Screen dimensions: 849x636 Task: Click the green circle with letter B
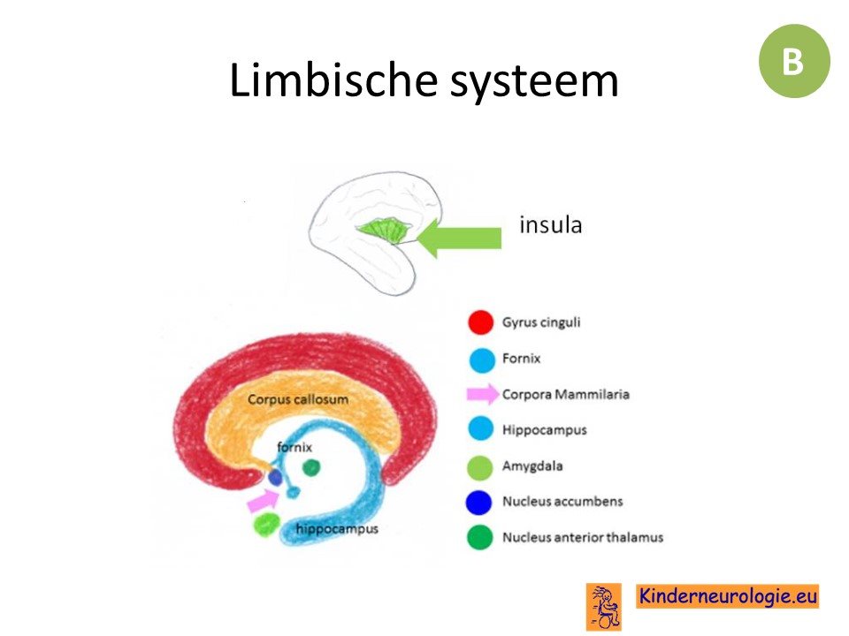[x=794, y=61]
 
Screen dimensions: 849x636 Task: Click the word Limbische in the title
[x=333, y=80]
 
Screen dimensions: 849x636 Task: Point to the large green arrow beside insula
[x=459, y=238]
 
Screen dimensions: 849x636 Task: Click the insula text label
[x=551, y=224]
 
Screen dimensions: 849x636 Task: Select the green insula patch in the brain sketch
[x=383, y=230]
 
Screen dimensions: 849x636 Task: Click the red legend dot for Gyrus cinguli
[x=481, y=322]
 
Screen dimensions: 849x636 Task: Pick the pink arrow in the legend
[x=483, y=394]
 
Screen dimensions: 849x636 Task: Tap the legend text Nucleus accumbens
[x=562, y=502]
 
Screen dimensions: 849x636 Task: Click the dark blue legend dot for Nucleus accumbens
[x=479, y=503]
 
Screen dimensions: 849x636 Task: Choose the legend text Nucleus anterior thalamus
[x=583, y=537]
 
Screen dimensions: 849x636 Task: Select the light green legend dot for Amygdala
[x=480, y=466]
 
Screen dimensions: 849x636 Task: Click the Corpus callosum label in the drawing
[x=298, y=399]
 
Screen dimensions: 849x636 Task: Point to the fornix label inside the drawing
[x=294, y=447]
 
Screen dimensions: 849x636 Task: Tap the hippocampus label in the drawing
[x=337, y=528]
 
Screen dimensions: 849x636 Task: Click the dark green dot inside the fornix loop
[x=311, y=467]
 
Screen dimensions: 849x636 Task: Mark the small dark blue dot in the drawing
[x=276, y=478]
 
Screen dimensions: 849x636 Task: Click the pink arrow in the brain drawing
[x=264, y=500]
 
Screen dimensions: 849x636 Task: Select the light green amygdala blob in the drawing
[x=267, y=524]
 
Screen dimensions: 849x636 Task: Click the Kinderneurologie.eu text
[x=728, y=596]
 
